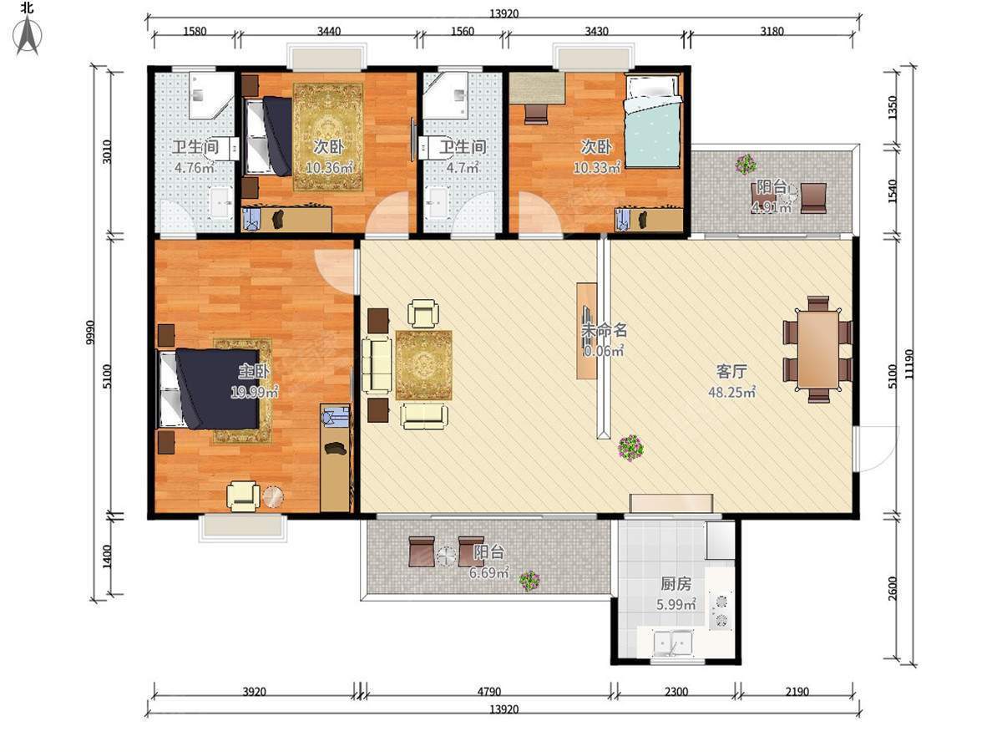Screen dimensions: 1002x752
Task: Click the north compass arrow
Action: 28,36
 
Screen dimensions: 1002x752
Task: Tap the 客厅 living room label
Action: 731,372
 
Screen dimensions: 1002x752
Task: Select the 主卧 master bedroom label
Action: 254,371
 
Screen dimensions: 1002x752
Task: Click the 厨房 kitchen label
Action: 676,584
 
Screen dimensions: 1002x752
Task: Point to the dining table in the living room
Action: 818,349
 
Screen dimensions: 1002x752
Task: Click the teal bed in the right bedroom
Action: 653,121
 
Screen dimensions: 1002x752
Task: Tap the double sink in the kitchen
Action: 673,643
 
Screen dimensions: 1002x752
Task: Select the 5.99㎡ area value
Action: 676,604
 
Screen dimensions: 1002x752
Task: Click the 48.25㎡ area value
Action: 731,392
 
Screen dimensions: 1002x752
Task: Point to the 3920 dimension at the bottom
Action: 255,692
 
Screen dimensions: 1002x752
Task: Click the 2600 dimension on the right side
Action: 893,588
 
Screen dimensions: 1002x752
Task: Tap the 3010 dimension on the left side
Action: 106,152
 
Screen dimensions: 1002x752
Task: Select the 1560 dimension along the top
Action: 463,31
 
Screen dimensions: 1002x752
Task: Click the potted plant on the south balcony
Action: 529,581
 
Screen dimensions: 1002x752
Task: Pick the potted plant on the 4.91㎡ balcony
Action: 746,165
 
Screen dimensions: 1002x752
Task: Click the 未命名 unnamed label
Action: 604,330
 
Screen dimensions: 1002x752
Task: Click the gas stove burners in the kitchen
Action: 721,611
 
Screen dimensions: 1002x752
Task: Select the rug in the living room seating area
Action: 423,365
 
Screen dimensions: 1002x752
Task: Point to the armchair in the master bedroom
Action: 243,495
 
